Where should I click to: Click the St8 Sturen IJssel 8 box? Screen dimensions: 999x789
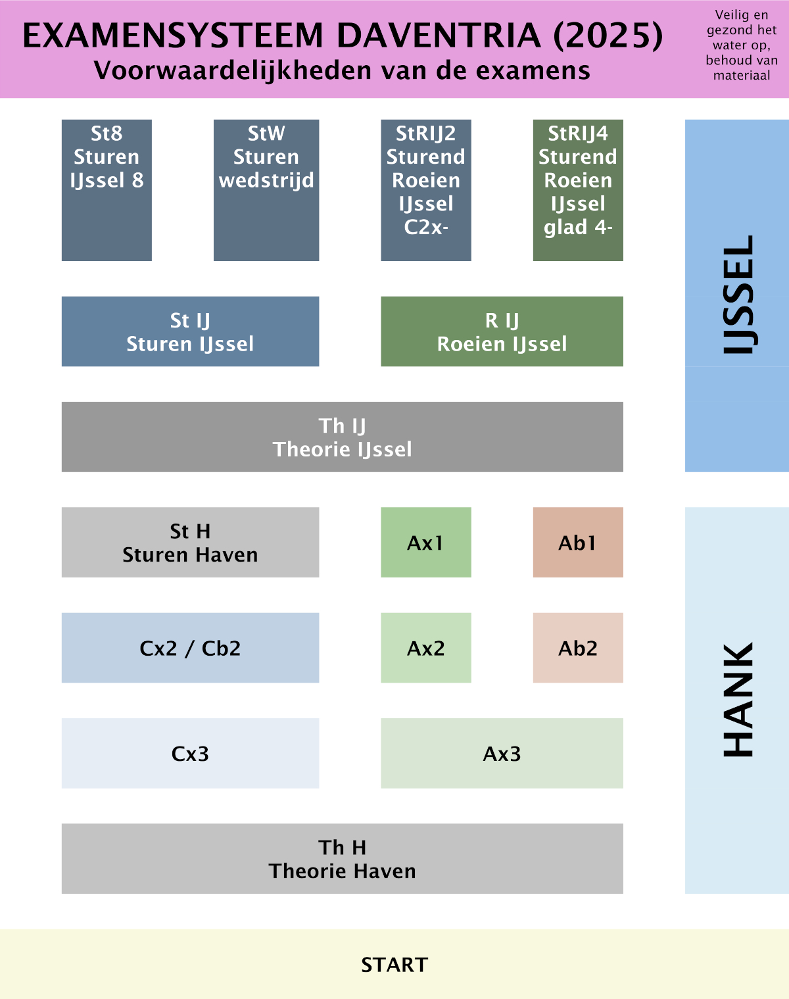click(x=107, y=190)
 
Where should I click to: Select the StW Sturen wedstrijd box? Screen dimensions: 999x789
click(x=266, y=190)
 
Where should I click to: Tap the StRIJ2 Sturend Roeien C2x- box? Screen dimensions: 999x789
click(x=426, y=190)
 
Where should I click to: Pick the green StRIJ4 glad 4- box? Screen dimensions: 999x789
click(x=578, y=190)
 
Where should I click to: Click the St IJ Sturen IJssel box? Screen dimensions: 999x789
click(x=190, y=331)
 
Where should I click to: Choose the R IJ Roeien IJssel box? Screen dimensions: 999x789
click(x=502, y=331)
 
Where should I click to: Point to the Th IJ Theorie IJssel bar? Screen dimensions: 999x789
click(x=342, y=437)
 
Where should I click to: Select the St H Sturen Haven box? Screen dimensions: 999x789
click(x=190, y=542)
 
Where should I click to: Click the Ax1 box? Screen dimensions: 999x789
click(x=426, y=542)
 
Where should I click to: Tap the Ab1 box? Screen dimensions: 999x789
click(x=578, y=542)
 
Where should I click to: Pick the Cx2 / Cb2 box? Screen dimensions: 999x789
click(x=190, y=648)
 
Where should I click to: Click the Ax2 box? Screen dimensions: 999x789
click(x=426, y=648)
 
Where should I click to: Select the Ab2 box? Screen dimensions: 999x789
click(x=578, y=648)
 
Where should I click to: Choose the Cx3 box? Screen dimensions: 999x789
click(x=190, y=753)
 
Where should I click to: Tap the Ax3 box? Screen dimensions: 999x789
click(x=502, y=753)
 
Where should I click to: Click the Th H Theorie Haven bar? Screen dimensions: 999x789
click(x=342, y=858)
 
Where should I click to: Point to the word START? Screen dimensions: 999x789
click(x=394, y=965)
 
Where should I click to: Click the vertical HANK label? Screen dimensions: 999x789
click(x=738, y=700)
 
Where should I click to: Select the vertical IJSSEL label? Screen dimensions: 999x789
click(x=738, y=295)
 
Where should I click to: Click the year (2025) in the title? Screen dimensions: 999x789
click(x=608, y=36)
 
